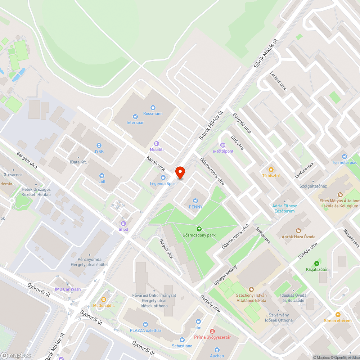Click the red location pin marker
[x=180, y=173]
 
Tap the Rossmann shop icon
[x=153, y=107]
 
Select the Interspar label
[x=135, y=122]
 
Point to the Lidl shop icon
[x=102, y=176]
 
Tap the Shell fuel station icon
[x=123, y=224]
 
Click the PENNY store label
[x=196, y=207]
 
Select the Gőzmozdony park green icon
[x=198, y=229]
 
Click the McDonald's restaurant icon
[x=104, y=299]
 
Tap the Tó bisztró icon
[x=271, y=169]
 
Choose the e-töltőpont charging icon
[x=223, y=145]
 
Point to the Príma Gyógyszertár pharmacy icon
[x=212, y=331]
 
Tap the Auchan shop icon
[x=217, y=350]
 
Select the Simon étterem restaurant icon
[x=338, y=314]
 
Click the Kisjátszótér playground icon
[x=317, y=263]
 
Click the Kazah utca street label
[x=156, y=163]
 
